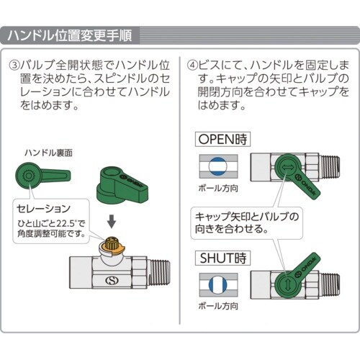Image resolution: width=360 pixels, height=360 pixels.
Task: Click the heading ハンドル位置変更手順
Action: [70, 36]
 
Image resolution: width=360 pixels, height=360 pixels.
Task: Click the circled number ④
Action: [192, 65]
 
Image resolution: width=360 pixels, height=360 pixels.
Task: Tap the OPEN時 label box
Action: [222, 139]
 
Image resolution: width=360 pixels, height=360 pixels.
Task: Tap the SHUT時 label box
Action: [222, 258]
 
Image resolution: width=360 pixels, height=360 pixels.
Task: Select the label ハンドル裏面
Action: [48, 153]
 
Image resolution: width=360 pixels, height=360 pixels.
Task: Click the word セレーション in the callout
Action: [43, 209]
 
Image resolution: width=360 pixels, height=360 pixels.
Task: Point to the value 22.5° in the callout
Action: [66, 223]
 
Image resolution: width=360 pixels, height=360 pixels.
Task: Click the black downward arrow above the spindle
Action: [112, 221]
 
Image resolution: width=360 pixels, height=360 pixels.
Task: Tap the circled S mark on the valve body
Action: [112, 280]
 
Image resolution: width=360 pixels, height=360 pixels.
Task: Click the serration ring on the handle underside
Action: [29, 176]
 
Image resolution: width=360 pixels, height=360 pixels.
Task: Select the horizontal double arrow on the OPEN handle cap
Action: [286, 168]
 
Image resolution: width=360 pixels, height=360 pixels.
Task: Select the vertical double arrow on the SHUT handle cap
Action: [288, 284]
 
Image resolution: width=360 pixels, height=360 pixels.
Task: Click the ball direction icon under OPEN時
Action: [218, 166]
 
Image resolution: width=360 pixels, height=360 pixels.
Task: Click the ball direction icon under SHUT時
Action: [218, 285]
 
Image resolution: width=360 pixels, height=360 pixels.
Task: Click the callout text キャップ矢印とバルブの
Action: [247, 217]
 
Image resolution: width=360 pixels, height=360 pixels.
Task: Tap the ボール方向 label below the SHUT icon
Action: [218, 306]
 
